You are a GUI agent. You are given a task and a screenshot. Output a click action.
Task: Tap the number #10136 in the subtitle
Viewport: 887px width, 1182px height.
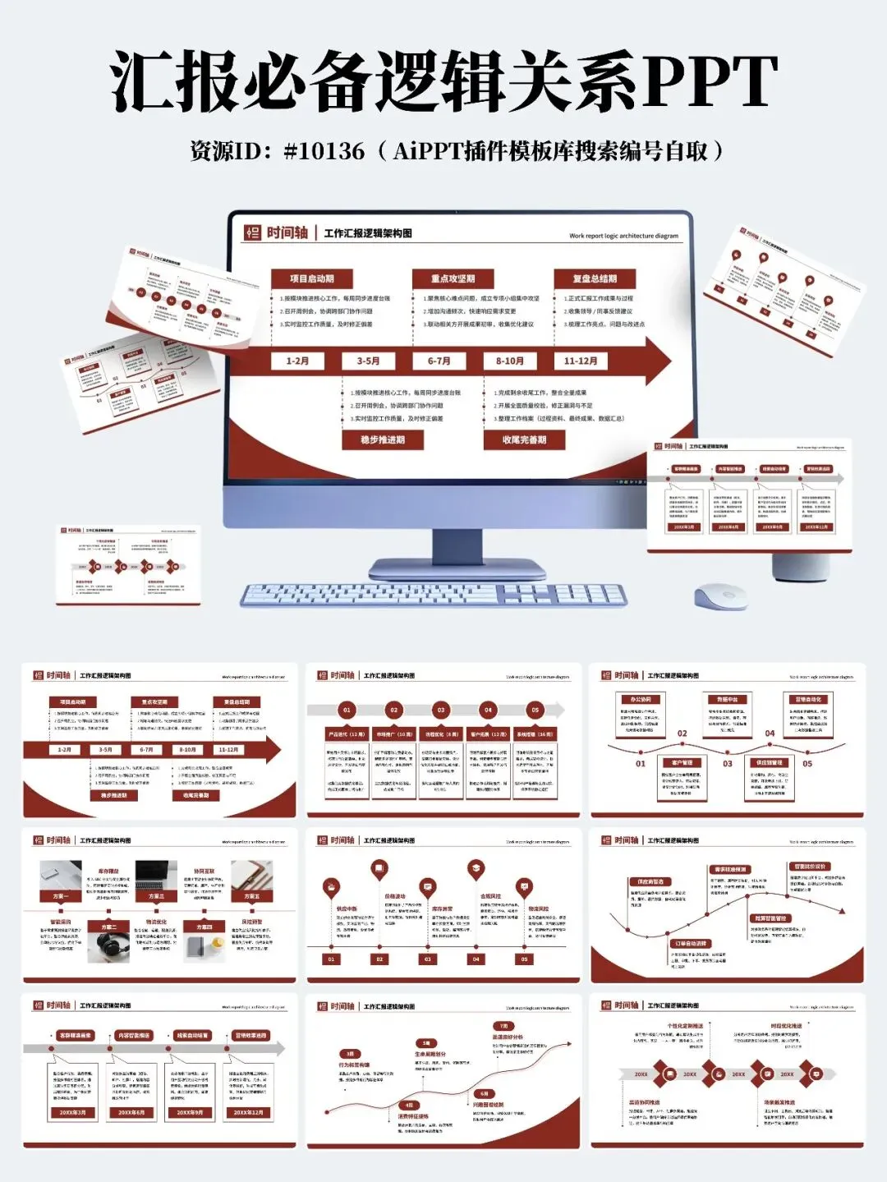(324, 151)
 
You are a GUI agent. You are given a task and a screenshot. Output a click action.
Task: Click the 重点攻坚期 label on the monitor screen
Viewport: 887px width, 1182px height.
(453, 278)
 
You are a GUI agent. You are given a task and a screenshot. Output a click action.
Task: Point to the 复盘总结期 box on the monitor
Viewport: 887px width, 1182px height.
(595, 278)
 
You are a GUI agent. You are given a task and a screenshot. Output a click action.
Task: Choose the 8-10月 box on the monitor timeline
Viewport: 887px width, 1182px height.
(509, 361)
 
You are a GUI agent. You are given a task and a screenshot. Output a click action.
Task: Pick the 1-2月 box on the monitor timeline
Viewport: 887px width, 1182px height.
(297, 361)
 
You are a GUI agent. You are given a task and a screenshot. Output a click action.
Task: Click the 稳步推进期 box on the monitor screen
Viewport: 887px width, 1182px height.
(383, 439)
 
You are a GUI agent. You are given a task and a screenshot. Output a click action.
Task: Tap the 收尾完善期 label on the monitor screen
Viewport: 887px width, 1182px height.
(524, 439)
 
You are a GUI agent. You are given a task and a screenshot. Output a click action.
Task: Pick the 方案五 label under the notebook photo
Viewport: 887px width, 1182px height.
(251, 895)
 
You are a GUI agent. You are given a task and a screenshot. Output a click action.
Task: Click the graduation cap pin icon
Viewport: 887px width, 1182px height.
(476, 869)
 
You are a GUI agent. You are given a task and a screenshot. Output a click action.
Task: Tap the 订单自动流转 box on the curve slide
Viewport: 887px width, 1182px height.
(689, 943)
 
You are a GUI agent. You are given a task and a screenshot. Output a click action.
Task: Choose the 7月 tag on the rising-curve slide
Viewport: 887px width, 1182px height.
(503, 1026)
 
